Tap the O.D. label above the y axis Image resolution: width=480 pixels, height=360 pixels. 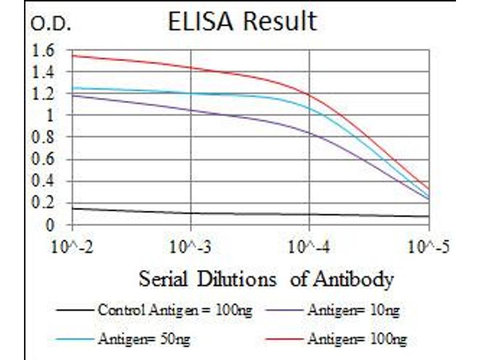tap(51, 25)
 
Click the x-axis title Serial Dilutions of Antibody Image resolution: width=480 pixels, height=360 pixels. tap(266, 279)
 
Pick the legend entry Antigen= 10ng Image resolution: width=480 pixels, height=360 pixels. tap(353, 311)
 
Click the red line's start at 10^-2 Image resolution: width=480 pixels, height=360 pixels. tap(73, 56)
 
